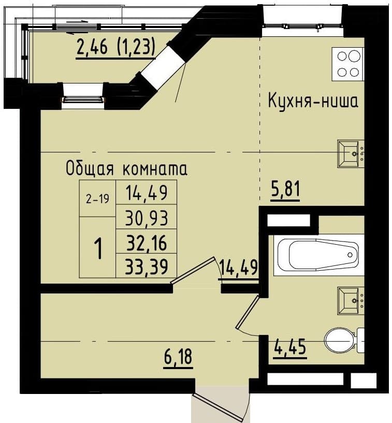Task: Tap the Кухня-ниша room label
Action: pos(313,101)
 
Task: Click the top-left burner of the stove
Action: pos(342,56)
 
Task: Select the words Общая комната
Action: pos(126,169)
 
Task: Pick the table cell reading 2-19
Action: pos(98,199)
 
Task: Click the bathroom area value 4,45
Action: pos(289,348)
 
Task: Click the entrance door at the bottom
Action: pos(220,405)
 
